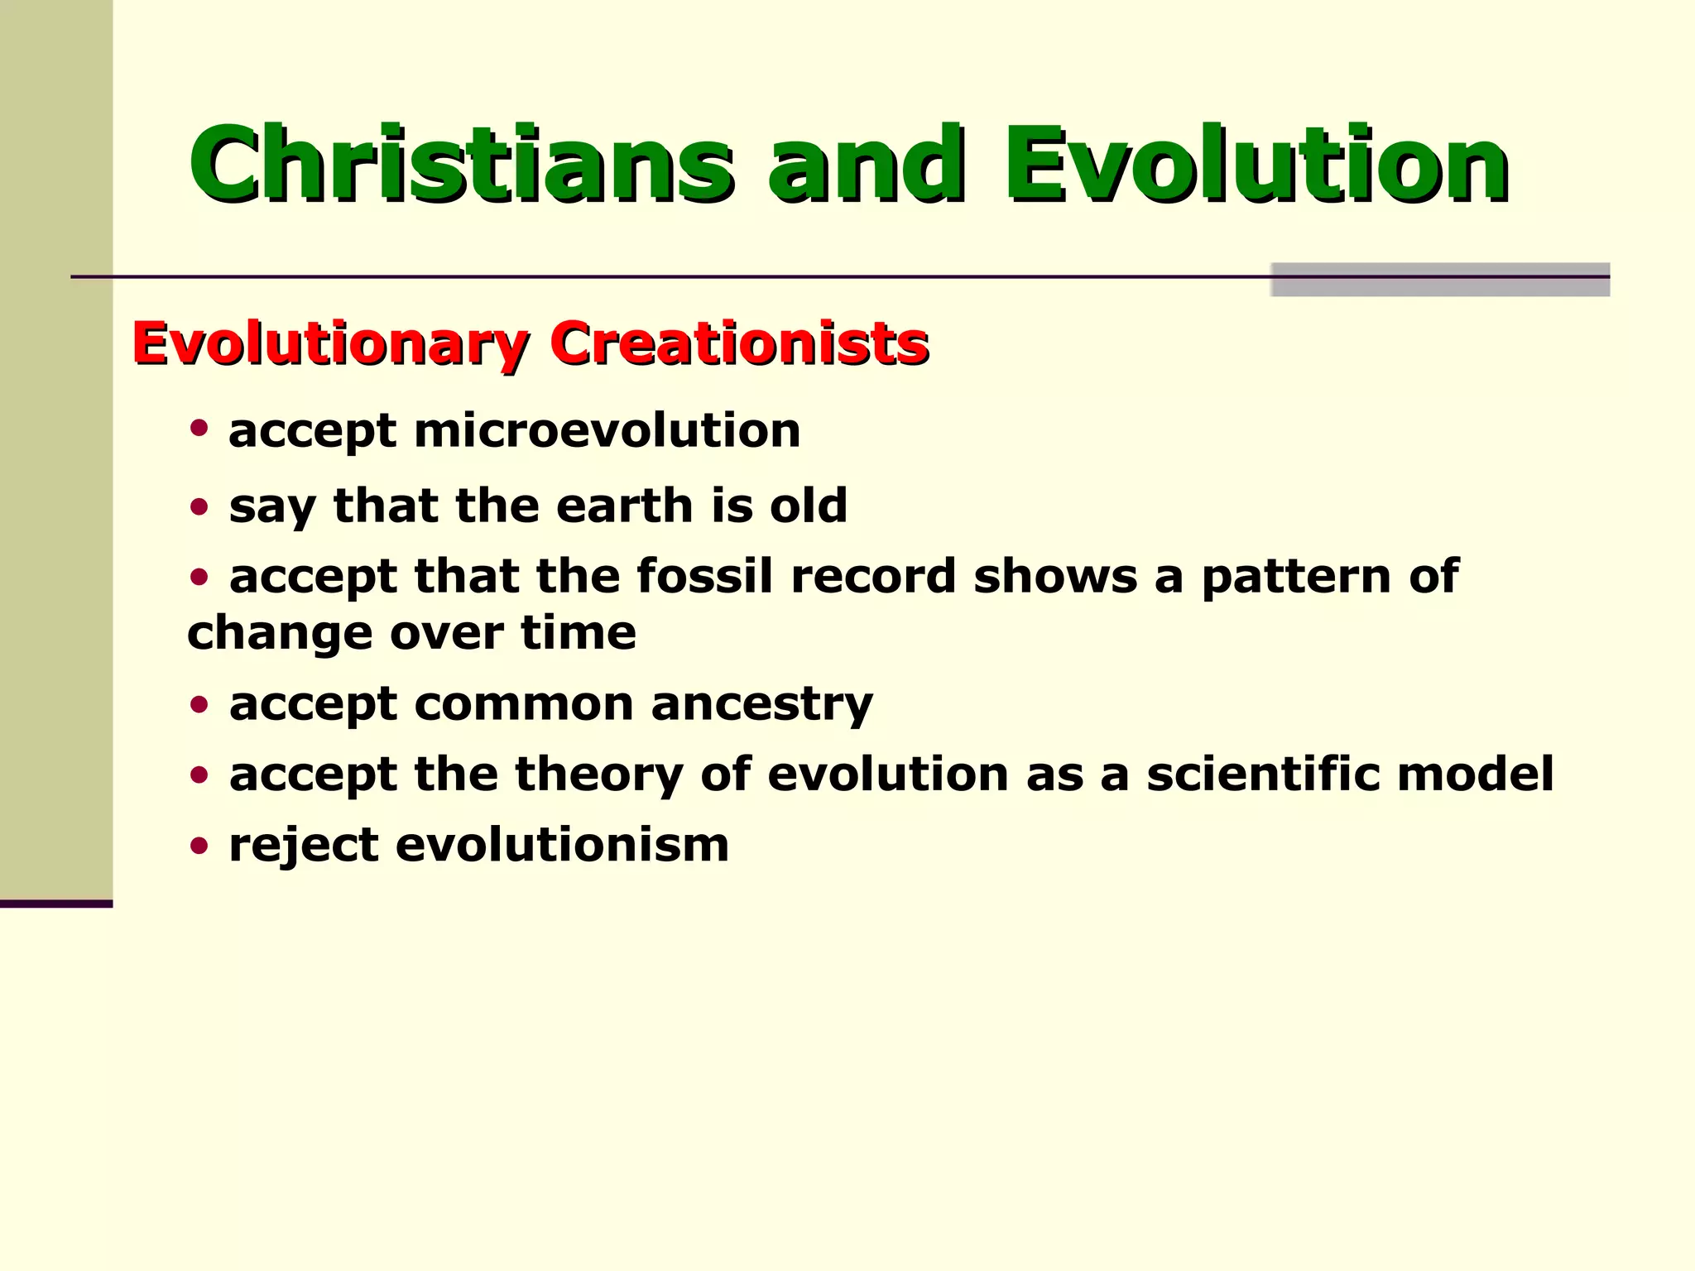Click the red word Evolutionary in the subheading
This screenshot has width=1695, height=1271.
(x=329, y=343)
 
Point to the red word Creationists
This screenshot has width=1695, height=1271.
(x=739, y=343)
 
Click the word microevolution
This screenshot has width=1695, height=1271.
(x=607, y=430)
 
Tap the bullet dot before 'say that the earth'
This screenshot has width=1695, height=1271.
(x=199, y=506)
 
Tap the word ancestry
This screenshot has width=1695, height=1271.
(x=761, y=704)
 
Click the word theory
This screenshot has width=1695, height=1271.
(x=599, y=775)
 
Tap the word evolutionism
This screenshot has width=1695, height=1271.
(x=562, y=845)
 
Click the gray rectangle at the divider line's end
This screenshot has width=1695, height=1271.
(x=1440, y=280)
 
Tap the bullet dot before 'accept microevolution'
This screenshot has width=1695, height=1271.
(x=199, y=428)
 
